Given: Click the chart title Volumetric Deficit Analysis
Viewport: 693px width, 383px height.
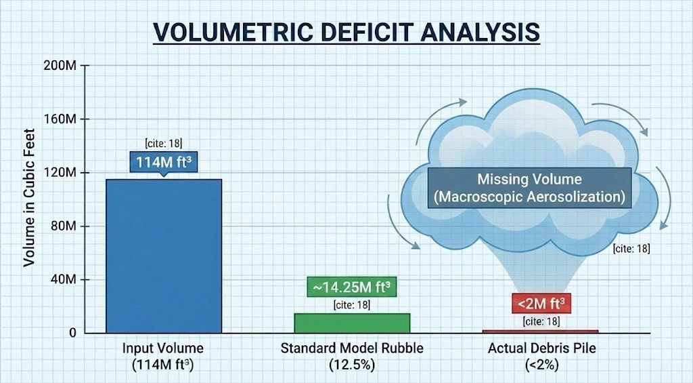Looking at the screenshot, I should pyautogui.click(x=346, y=32).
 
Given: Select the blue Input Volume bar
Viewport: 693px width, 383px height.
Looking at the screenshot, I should pyautogui.click(x=164, y=256).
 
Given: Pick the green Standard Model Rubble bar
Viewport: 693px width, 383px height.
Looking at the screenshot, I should pyautogui.click(x=352, y=323).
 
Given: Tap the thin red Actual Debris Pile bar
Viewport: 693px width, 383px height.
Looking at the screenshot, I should pyautogui.click(x=540, y=331).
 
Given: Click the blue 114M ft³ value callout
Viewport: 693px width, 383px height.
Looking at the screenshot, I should pyautogui.click(x=163, y=162).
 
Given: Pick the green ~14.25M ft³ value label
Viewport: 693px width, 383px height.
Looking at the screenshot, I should pyautogui.click(x=351, y=287).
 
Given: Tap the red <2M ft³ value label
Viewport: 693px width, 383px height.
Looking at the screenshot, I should pyautogui.click(x=541, y=303).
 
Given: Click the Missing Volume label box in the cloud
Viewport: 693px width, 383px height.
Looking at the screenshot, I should pyautogui.click(x=529, y=188).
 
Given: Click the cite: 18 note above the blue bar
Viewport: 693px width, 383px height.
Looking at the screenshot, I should pyautogui.click(x=163, y=143).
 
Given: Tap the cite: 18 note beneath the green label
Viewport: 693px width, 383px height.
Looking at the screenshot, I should pyautogui.click(x=352, y=305).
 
